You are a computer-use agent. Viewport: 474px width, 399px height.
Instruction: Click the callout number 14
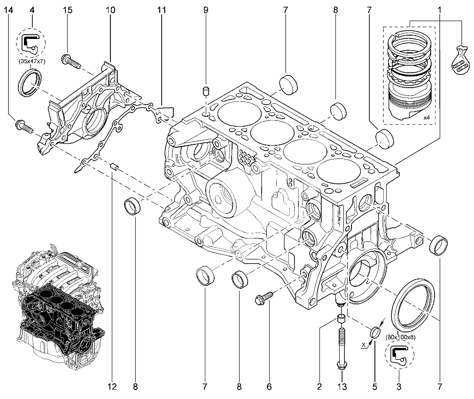(x=9, y=10)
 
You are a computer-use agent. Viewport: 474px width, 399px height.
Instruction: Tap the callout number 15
(x=68, y=10)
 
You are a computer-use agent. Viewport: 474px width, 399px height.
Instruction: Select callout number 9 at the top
(x=206, y=10)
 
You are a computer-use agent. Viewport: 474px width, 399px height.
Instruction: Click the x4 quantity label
(x=426, y=118)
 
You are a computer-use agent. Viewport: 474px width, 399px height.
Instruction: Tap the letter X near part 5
(x=364, y=344)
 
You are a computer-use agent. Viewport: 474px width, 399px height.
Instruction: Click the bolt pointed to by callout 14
(x=24, y=127)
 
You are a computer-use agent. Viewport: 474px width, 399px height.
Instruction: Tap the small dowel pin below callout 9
(x=206, y=91)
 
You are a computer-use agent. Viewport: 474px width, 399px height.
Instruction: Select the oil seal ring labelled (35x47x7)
(x=30, y=83)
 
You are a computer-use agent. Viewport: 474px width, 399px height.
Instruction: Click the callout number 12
(x=112, y=387)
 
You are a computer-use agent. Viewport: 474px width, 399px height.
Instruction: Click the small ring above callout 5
(x=375, y=332)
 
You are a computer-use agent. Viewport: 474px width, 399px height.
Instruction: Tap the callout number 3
(x=399, y=387)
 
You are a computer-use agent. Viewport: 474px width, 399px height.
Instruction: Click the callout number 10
(x=111, y=10)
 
